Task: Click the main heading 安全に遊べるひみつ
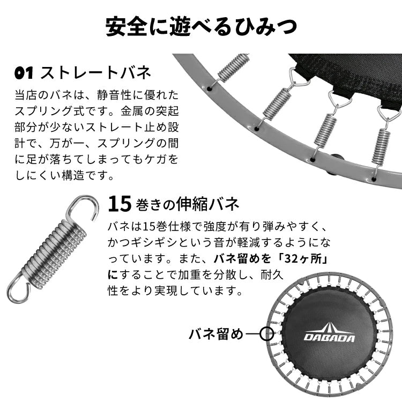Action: click(x=201, y=27)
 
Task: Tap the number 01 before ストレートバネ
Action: click(x=24, y=73)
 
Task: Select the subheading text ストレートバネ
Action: click(x=95, y=73)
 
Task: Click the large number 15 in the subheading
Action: click(x=120, y=204)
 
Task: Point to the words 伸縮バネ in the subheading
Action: click(x=207, y=204)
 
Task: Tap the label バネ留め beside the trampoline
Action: click(x=216, y=334)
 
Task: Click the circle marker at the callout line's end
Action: click(x=266, y=334)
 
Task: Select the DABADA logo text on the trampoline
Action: click(x=329, y=338)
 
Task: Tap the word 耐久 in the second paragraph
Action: click(x=272, y=275)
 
